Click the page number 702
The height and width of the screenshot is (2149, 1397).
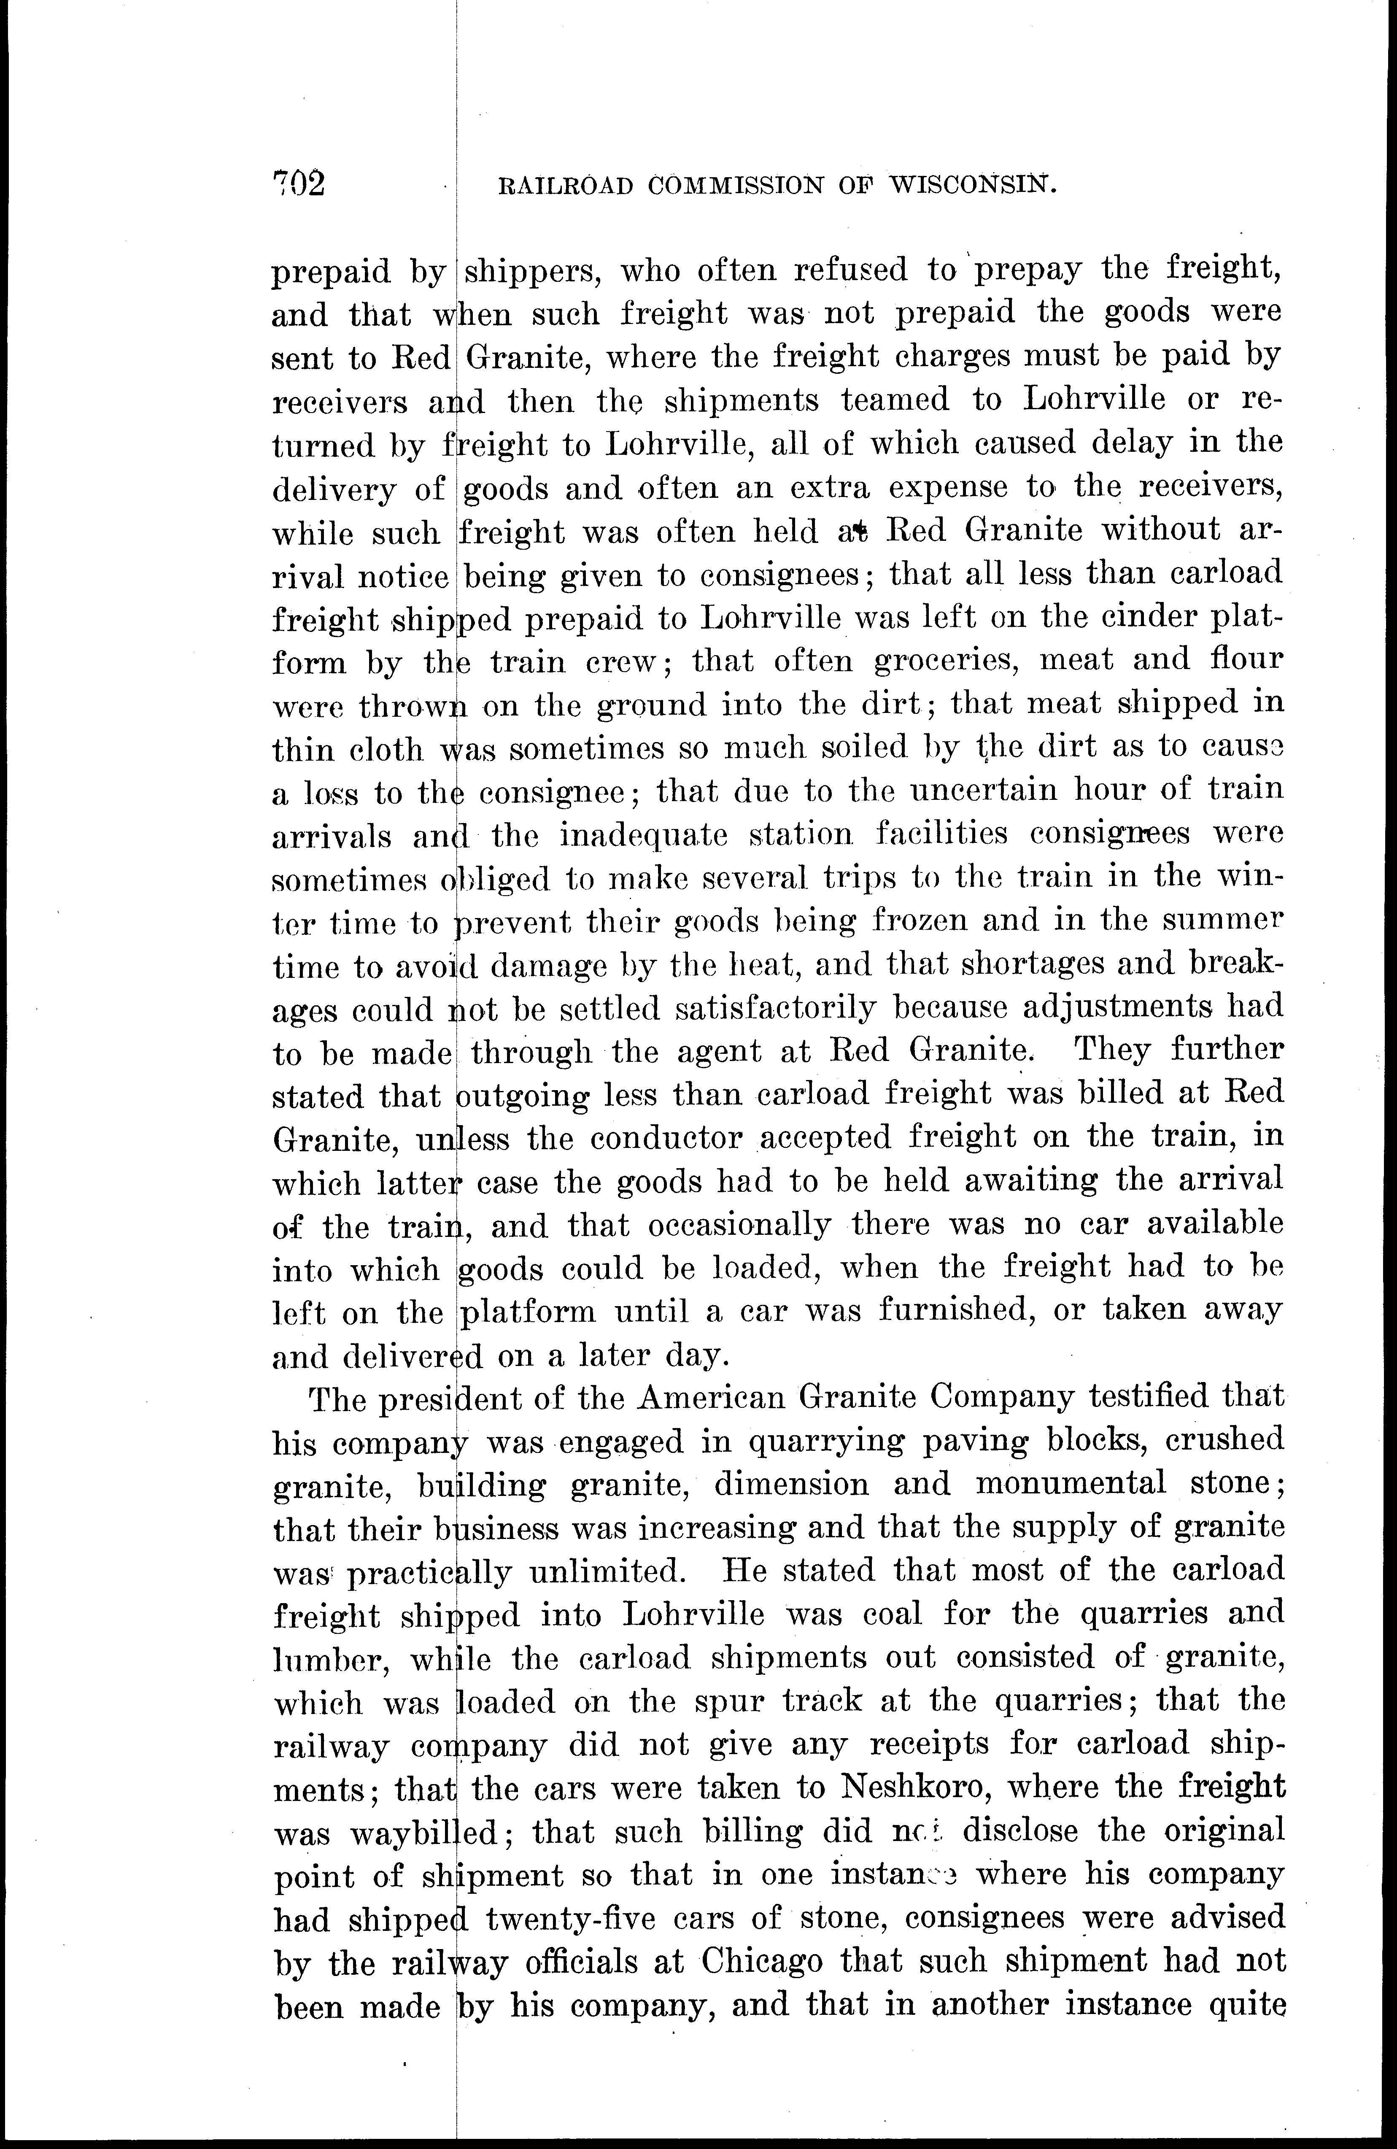coord(299,183)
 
